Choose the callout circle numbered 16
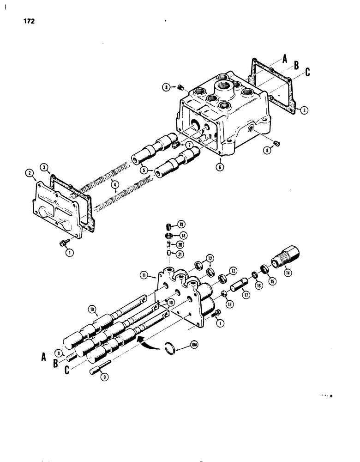coord(257,286)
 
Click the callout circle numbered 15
coord(272,280)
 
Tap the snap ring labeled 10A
coord(170,346)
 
